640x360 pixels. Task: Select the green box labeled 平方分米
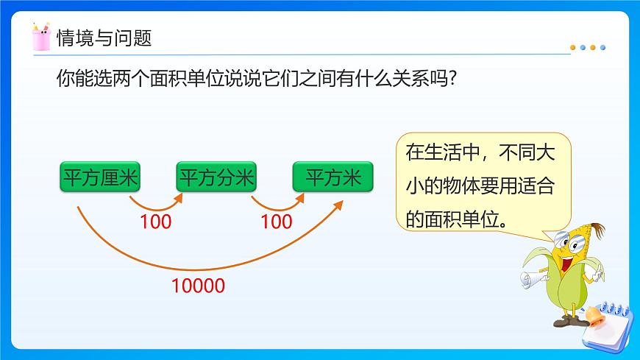click(x=216, y=177)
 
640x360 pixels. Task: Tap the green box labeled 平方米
click(x=333, y=177)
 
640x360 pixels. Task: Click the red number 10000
click(x=198, y=286)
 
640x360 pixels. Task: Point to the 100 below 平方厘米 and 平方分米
click(x=155, y=221)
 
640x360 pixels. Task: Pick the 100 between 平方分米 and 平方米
click(x=277, y=221)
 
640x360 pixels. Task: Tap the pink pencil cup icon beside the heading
click(x=41, y=37)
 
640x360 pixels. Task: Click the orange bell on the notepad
click(x=593, y=317)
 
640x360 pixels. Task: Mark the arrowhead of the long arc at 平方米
click(x=340, y=204)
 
